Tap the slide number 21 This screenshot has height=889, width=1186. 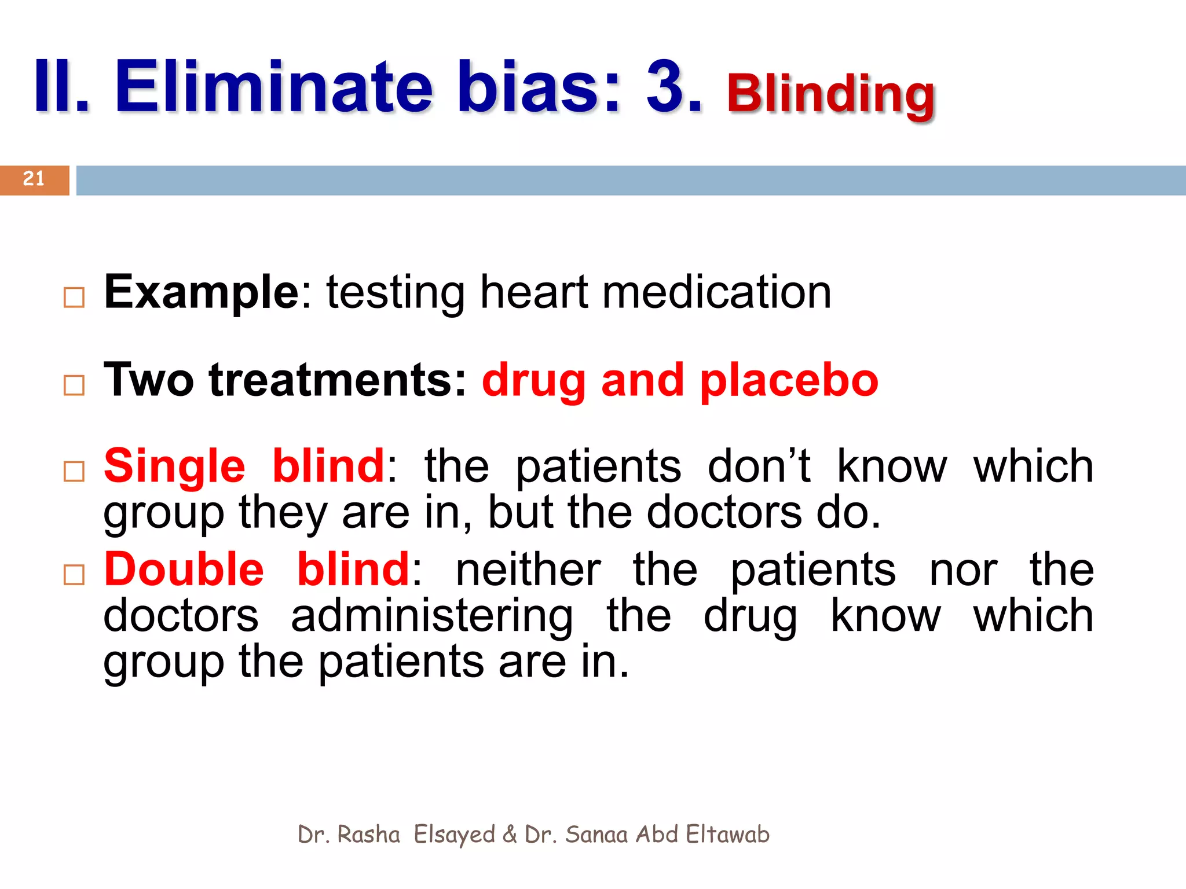pos(34,179)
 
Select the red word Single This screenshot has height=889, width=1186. pos(174,466)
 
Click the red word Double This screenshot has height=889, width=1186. pos(184,570)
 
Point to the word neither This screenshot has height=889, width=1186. pos(528,571)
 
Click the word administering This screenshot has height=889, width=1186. pos(432,617)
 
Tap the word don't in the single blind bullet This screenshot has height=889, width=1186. pos(759,466)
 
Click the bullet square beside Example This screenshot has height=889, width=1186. pos(74,297)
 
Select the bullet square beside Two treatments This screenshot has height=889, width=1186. pos(74,385)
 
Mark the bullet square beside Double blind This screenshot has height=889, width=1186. pos(74,575)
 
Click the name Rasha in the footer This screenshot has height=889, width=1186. pos(368,835)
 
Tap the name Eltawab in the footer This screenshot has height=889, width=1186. pos(727,835)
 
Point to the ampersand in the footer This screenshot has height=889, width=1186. pos(510,835)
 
